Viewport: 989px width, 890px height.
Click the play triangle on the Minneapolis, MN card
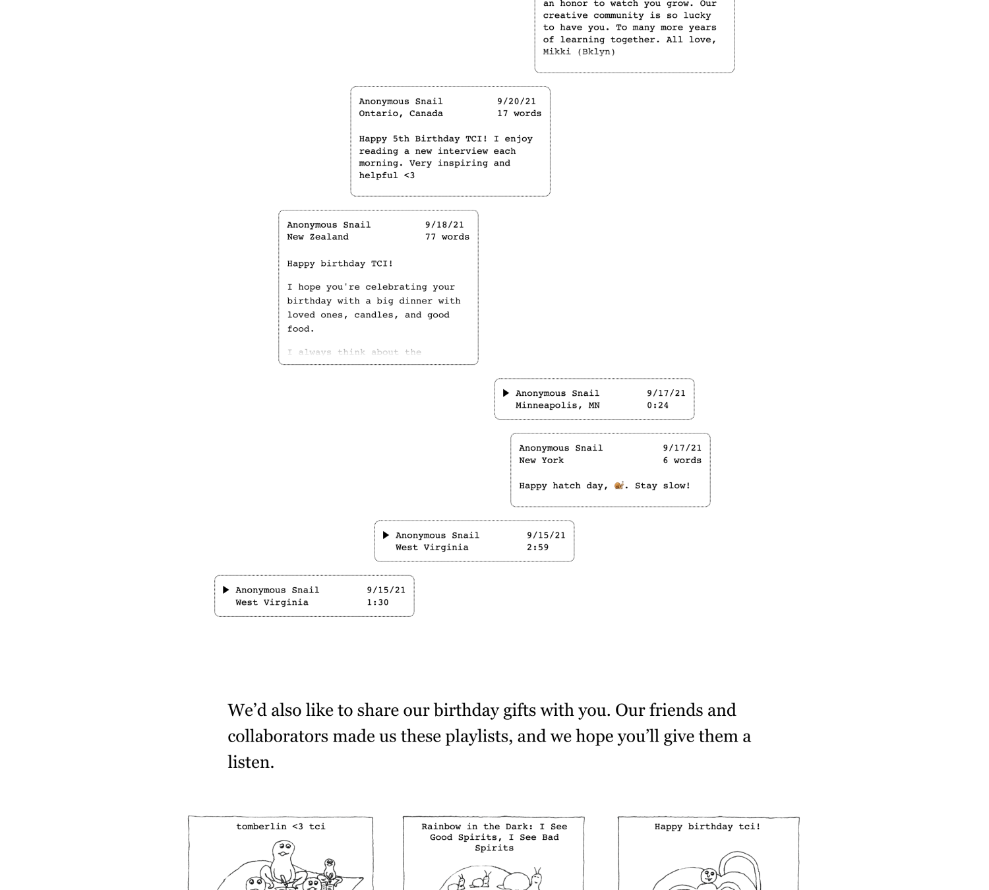click(506, 393)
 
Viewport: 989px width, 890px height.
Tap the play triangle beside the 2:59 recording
click(386, 535)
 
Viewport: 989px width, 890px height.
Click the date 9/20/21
click(516, 102)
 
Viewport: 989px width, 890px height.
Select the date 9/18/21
click(444, 225)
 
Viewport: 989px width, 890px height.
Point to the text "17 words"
click(519, 113)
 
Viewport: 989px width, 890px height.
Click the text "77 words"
click(447, 237)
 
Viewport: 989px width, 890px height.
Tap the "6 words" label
click(682, 461)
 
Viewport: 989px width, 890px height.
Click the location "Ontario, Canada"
click(401, 113)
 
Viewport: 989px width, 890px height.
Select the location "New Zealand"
click(318, 237)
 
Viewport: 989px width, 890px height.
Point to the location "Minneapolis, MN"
click(557, 406)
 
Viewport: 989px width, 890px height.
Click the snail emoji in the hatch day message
click(619, 486)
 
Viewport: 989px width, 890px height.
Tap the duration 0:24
click(657, 406)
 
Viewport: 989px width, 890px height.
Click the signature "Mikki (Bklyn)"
click(579, 51)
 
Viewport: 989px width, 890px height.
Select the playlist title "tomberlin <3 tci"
click(281, 827)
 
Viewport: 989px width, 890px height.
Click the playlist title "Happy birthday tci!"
click(707, 827)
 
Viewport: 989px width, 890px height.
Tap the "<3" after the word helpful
click(409, 175)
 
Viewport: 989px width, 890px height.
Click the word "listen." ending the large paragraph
click(251, 763)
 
